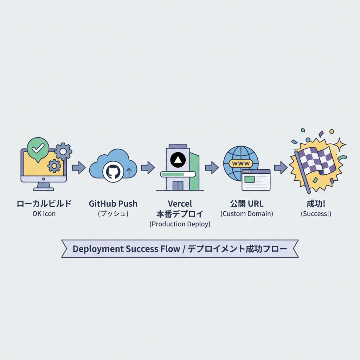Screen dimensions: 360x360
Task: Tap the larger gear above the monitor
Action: (x=63, y=151)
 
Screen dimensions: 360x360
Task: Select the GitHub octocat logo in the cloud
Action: (x=113, y=172)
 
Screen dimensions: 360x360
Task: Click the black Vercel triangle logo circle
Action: (x=178, y=160)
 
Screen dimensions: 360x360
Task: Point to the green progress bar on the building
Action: (x=178, y=174)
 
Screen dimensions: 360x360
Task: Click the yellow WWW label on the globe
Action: (x=241, y=163)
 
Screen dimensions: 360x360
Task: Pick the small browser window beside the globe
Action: (x=256, y=180)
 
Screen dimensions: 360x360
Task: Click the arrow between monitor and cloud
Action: (x=79, y=168)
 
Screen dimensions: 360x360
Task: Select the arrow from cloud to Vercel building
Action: (x=148, y=168)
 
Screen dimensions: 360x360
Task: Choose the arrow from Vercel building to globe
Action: (x=212, y=168)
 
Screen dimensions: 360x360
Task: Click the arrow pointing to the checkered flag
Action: (x=281, y=168)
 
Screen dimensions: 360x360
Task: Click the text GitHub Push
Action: (x=113, y=204)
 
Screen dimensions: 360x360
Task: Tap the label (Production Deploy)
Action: (x=180, y=224)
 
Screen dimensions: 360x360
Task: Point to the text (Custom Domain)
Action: (x=247, y=213)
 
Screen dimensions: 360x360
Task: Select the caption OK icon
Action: (x=44, y=213)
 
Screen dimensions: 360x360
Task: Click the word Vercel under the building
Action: (x=180, y=204)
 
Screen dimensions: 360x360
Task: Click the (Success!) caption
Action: (x=316, y=213)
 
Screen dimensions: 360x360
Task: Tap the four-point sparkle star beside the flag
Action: (x=340, y=144)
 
